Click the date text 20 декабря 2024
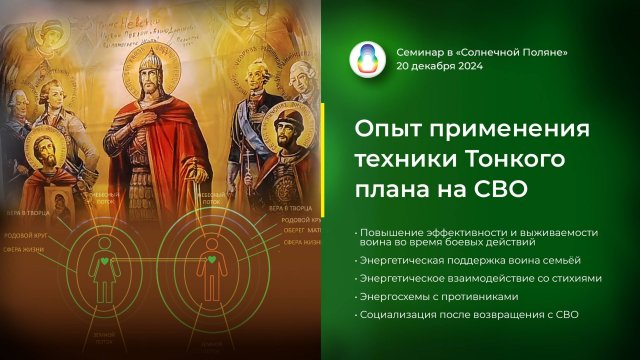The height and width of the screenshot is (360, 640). coord(440,67)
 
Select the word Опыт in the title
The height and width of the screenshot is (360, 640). coord(390,130)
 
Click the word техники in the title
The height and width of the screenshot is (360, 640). coord(402,159)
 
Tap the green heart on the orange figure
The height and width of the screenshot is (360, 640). coord(212,260)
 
